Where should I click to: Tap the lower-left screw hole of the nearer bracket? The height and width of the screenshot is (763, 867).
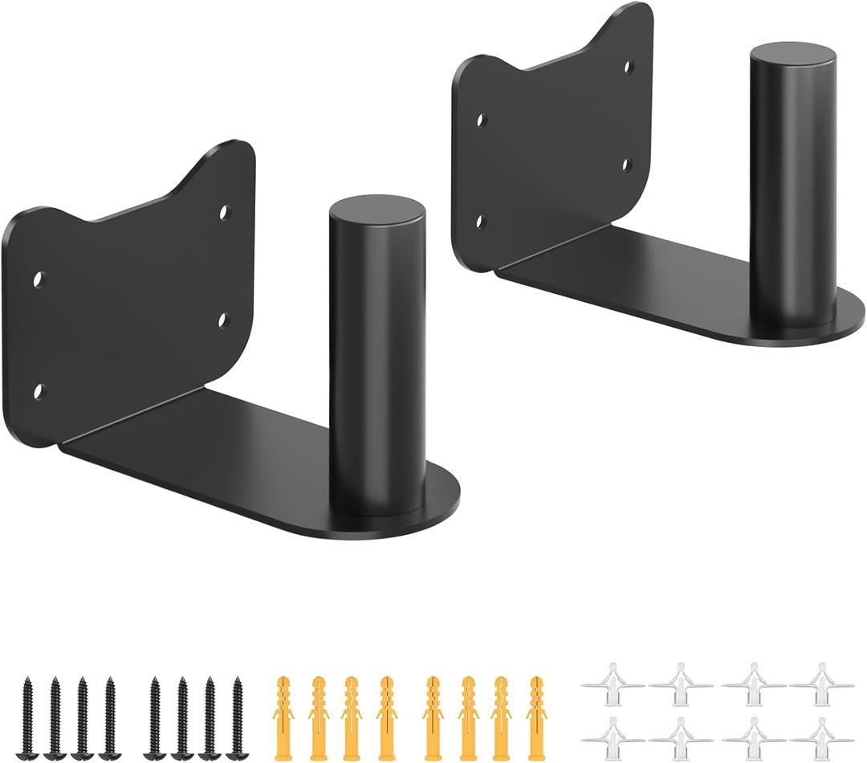pos(38,391)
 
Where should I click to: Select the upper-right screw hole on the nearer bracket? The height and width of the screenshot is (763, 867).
pos(225,212)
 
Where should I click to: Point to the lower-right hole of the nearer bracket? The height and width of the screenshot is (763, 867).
pos(224,321)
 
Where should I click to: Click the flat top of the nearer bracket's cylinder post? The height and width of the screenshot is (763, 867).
pos(377,210)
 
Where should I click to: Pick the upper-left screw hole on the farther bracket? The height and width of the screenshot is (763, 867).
pos(481,121)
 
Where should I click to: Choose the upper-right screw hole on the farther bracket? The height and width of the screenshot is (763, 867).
pos(629,66)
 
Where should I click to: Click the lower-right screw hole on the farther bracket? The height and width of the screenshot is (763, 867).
pos(629,165)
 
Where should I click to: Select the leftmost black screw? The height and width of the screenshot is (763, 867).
pos(29,707)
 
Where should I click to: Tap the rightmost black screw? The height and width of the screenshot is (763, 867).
pos(237,707)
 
